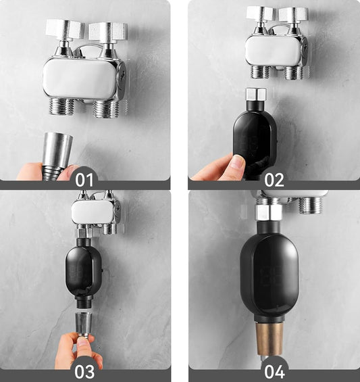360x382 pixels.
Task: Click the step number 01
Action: tap(84, 180)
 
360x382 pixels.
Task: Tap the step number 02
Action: tap(274, 180)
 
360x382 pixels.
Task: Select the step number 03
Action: tap(84, 372)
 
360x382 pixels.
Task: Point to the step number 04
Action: tap(275, 372)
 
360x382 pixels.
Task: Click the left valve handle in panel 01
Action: tap(65, 30)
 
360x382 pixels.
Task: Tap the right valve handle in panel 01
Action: tap(108, 31)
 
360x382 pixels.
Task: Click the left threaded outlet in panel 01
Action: tap(62, 106)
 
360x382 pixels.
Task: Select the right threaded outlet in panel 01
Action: tap(105, 109)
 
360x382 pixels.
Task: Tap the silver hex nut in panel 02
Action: tap(256, 94)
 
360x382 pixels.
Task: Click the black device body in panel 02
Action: tap(255, 141)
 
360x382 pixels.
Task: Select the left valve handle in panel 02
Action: tap(260, 14)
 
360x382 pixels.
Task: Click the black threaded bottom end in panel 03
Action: tap(84, 304)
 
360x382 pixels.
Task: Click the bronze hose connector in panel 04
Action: tap(269, 339)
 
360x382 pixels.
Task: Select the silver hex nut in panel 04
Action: tap(268, 212)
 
